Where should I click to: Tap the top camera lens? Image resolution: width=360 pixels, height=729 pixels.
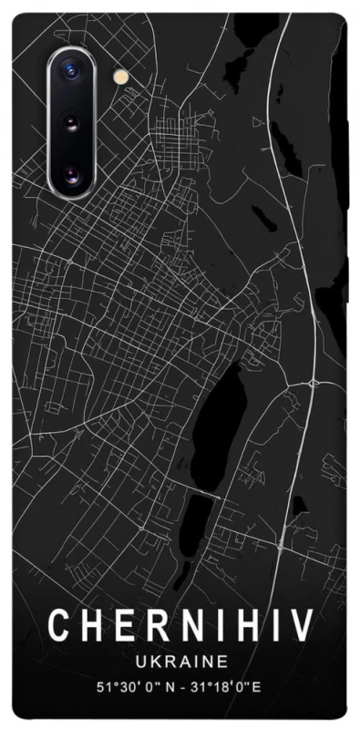click(x=70, y=70)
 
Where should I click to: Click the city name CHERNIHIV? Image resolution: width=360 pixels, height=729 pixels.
click(x=180, y=627)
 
